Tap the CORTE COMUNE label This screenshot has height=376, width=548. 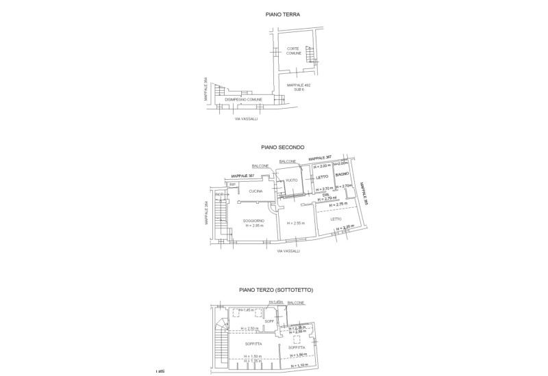pyautogui.click(x=293, y=51)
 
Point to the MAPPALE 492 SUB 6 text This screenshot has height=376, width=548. pyautogui.click(x=299, y=87)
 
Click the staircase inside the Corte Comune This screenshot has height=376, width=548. pyautogui.click(x=309, y=52)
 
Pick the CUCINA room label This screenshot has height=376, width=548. pyautogui.click(x=256, y=191)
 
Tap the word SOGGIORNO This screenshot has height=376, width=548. pyautogui.click(x=254, y=220)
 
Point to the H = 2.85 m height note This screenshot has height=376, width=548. pyautogui.click(x=255, y=226)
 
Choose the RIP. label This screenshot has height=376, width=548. pyautogui.click(x=233, y=185)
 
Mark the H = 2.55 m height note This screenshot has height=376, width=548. pyautogui.click(x=294, y=223)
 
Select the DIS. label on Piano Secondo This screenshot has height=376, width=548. pyautogui.click(x=325, y=195)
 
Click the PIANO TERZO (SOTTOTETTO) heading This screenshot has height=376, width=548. pyautogui.click(x=277, y=291)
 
